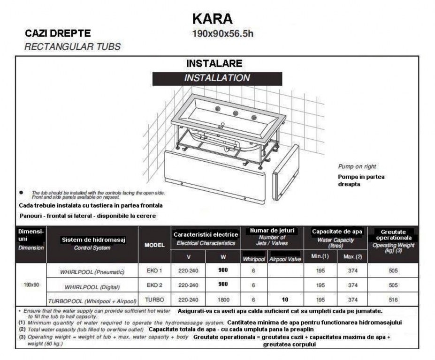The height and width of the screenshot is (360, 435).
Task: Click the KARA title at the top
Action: coord(212,19)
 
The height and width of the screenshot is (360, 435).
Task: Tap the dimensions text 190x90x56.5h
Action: coord(223,34)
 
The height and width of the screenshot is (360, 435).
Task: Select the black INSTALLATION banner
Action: coord(217,78)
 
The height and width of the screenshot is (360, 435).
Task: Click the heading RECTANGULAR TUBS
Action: coord(72,46)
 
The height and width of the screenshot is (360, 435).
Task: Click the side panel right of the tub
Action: coord(286,172)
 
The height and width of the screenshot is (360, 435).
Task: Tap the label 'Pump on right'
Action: coord(357,166)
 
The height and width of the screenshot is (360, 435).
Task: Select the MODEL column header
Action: coord(154,245)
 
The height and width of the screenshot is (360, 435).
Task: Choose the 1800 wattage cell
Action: coord(223,300)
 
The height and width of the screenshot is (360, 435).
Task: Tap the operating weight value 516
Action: coord(393,300)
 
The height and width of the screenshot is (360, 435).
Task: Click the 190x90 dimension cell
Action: coord(31,285)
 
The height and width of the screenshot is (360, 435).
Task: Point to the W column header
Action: coord(223,257)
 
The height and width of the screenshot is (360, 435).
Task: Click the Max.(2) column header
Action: coord(352,257)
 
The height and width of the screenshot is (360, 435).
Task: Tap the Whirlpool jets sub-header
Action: coord(253,259)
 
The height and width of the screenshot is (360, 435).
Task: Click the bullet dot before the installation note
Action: coord(21,193)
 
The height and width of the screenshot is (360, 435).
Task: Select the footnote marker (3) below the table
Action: coord(22,337)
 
